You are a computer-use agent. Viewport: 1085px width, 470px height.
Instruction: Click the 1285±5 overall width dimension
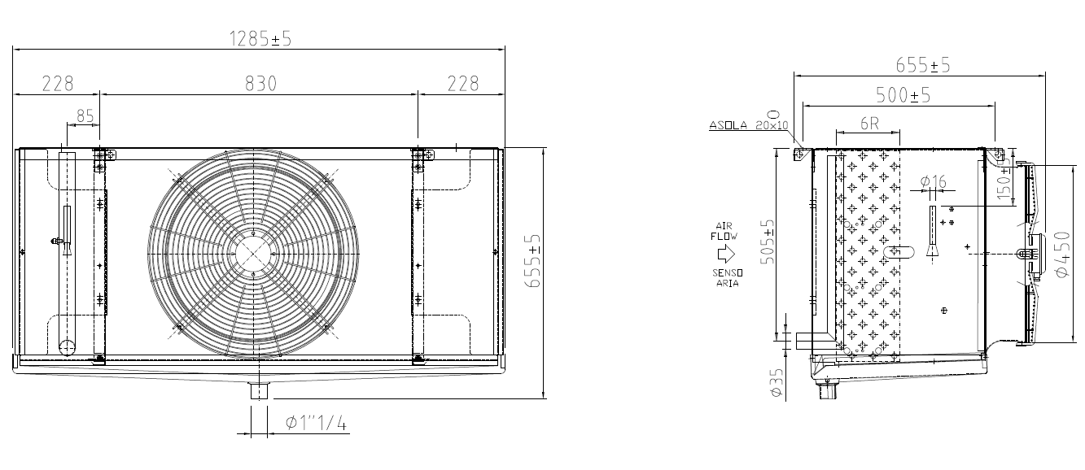pos(260,39)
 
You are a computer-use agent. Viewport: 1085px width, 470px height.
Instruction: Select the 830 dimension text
pos(260,84)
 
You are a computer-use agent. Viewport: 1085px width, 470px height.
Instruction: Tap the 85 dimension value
pos(85,116)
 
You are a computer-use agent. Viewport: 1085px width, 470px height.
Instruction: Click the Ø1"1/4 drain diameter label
pos(316,424)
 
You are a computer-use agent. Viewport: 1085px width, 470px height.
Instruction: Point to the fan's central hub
pos(253,254)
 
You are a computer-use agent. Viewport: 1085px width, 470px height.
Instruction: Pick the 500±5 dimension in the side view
pos(903,95)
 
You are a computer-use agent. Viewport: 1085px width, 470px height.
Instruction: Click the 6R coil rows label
pos(869,124)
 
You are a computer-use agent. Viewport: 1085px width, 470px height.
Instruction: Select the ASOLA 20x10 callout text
pos(749,125)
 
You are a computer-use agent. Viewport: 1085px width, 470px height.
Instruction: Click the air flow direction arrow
pos(725,254)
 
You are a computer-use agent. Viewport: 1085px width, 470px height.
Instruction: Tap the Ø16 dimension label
pos(933,182)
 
